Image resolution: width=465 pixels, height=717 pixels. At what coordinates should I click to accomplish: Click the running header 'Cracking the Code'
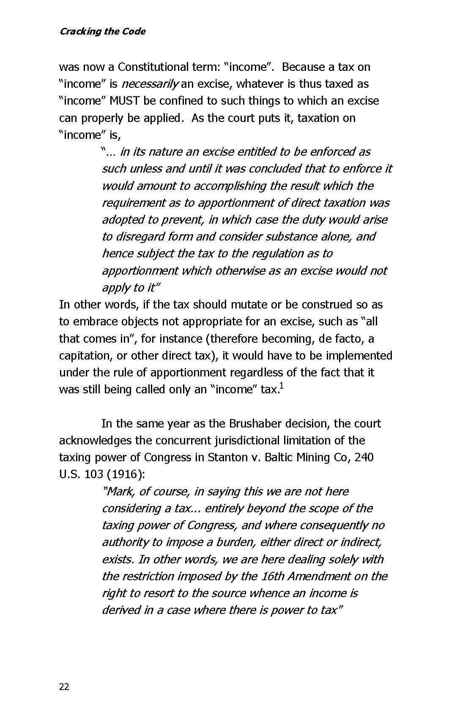click(x=102, y=32)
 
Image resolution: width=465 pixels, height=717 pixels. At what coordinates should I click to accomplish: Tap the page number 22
click(x=64, y=687)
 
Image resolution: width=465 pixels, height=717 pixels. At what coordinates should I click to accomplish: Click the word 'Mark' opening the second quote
click(x=120, y=492)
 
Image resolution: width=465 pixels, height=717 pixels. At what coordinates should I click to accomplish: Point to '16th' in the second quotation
click(x=274, y=576)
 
